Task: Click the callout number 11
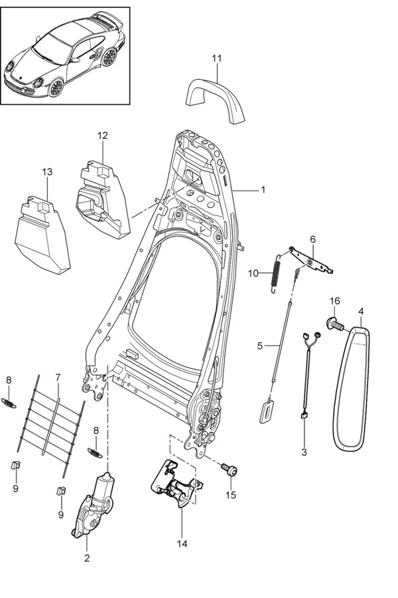point(217,59)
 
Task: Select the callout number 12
point(102,136)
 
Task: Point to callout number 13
point(46,172)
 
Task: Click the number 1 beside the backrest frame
point(263,190)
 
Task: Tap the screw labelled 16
point(333,324)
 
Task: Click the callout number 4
point(361,310)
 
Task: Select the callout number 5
point(260,346)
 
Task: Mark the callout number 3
point(304,452)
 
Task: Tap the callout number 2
point(86,558)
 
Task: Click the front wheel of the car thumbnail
point(56,87)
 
